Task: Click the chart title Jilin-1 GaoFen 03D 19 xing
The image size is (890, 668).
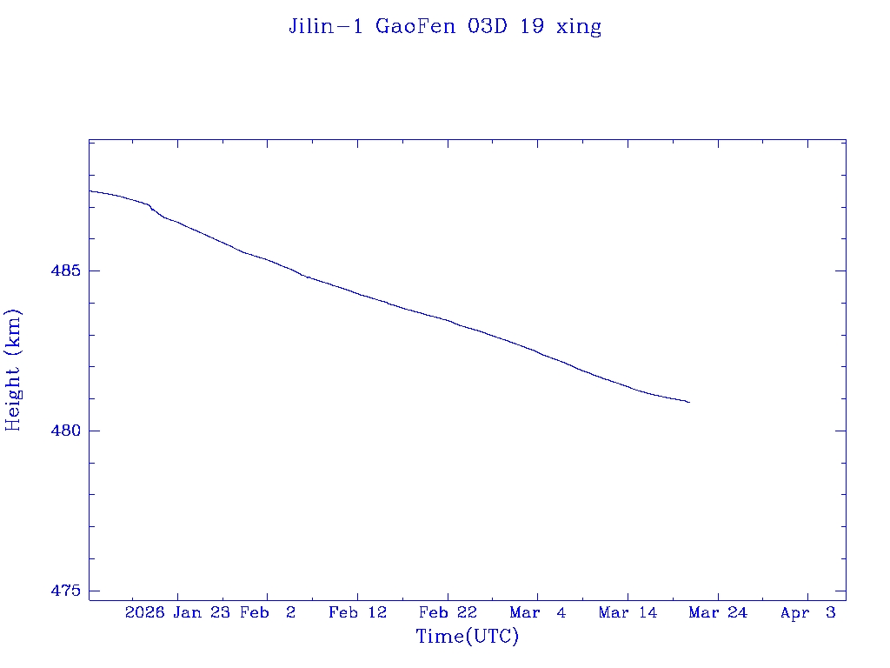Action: (445, 27)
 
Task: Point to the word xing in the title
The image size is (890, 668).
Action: (580, 27)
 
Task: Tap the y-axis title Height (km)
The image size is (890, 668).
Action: (13, 370)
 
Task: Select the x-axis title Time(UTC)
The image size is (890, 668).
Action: (468, 637)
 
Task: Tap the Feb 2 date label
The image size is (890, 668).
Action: (268, 612)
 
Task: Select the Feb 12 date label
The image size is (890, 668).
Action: (357, 612)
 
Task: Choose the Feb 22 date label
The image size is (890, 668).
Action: (448, 612)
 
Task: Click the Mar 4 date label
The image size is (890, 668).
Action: (538, 612)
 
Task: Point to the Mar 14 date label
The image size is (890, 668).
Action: (628, 612)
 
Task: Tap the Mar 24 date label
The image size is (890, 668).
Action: (718, 612)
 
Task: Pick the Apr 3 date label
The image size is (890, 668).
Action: (807, 612)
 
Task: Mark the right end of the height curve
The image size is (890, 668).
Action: (689, 402)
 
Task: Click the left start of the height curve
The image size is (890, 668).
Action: (90, 190)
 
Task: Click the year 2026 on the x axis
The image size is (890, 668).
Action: (145, 612)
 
